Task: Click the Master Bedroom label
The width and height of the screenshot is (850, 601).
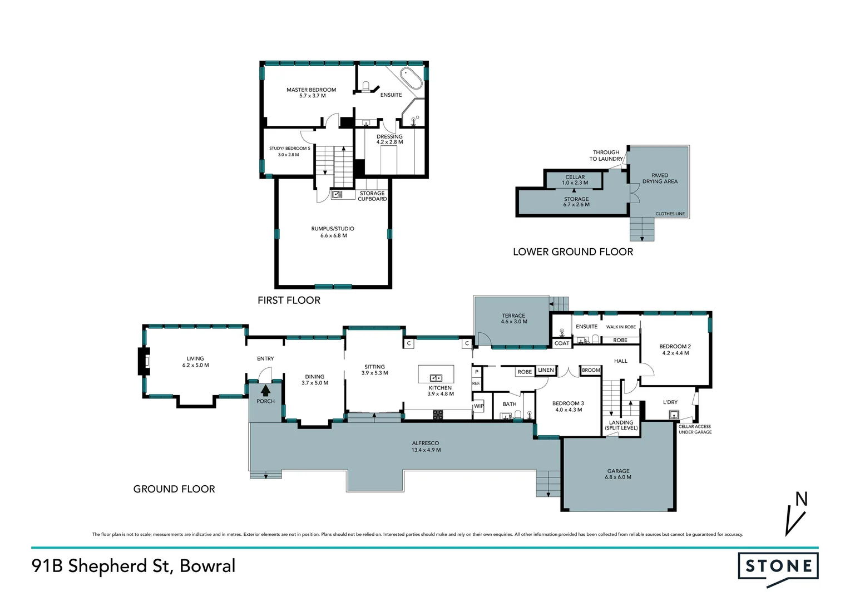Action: (311, 90)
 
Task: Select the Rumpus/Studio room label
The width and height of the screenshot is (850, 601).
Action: (333, 229)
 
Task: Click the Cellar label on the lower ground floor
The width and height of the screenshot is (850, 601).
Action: (575, 177)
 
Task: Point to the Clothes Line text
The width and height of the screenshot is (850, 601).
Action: (670, 214)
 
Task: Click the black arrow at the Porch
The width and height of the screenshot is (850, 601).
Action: (265, 391)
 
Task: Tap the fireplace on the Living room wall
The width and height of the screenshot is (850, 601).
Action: (145, 361)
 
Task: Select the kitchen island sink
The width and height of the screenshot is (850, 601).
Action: (436, 378)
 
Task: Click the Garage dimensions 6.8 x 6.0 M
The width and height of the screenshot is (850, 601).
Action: (618, 477)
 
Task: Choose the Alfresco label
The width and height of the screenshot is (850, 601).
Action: (426, 444)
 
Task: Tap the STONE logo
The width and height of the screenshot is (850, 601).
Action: (778, 567)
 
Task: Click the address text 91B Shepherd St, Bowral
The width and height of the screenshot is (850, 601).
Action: (134, 566)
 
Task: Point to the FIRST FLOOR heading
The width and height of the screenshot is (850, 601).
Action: (289, 300)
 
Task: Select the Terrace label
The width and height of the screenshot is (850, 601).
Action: (513, 316)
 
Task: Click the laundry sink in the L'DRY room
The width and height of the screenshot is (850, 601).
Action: (674, 414)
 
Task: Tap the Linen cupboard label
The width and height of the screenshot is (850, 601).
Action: (546, 370)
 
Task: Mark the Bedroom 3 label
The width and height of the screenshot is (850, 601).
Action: (568, 403)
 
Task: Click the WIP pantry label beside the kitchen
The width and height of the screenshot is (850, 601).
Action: (478, 406)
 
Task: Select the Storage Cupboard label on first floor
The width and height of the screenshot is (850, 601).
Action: (372, 196)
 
